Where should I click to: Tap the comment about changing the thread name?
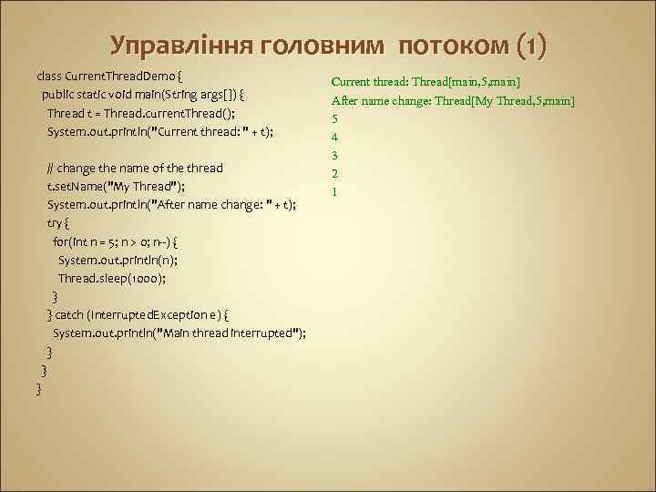point(135,169)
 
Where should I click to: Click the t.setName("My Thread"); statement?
point(117,187)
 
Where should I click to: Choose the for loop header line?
point(115,241)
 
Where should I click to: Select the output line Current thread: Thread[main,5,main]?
point(425,81)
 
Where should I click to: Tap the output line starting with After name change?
point(453,99)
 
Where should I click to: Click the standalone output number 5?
point(335,118)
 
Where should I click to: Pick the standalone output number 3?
point(335,155)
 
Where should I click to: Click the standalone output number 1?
point(335,191)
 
